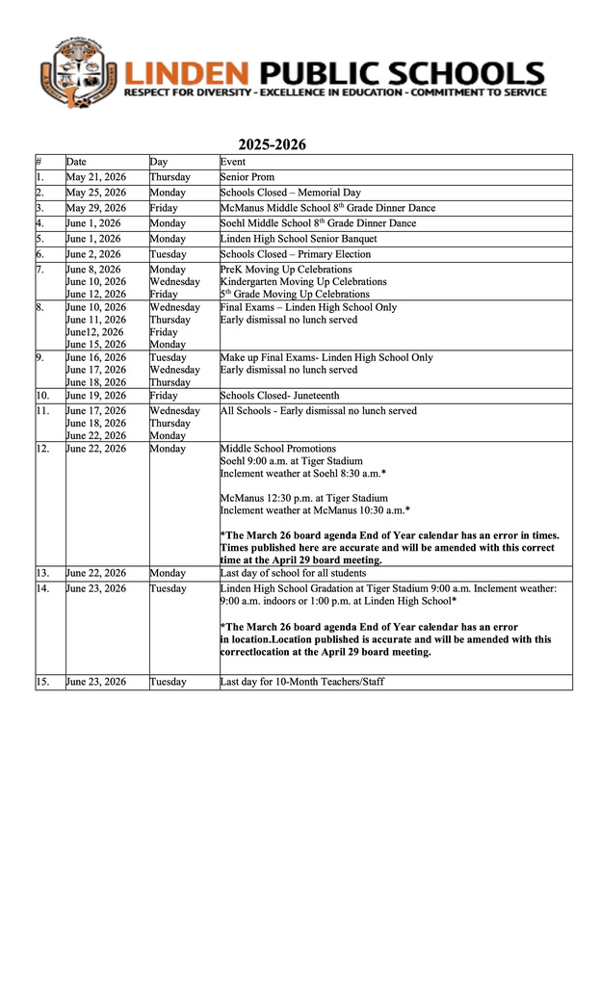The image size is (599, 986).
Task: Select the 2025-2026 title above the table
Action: click(273, 144)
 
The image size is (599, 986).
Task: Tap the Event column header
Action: click(232, 162)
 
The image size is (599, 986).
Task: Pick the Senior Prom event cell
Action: click(247, 177)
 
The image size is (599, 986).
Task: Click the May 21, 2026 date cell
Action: click(95, 177)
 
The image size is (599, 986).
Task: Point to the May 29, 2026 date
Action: click(95, 208)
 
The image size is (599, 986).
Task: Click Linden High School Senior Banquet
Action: click(299, 239)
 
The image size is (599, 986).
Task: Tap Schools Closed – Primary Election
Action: click(295, 254)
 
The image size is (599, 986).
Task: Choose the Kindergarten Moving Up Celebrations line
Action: click(303, 282)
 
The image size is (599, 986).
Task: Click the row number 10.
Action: click(43, 395)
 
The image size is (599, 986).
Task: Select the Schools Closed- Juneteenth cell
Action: click(279, 395)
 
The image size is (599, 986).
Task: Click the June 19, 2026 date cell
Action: click(95, 395)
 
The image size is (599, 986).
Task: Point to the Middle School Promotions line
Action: click(278, 449)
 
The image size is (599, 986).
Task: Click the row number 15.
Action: click(43, 682)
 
